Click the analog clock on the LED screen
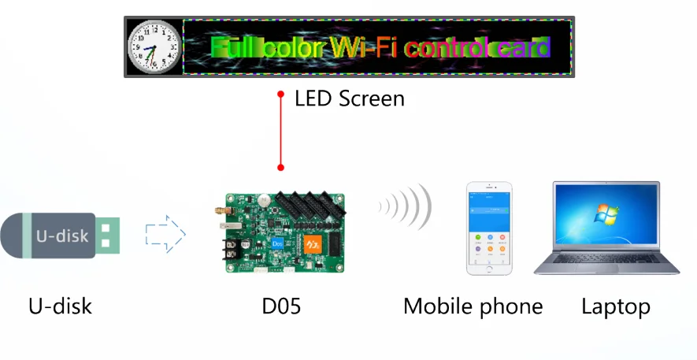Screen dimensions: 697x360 point(154,46)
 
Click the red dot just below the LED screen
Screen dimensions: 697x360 point(280,94)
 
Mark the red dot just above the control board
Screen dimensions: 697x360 point(280,167)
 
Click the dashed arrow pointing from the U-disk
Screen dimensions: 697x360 point(165,234)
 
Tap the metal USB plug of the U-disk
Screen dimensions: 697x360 point(108,235)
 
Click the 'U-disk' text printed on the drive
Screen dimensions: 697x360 point(63,235)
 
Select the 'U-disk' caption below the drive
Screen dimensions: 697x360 point(60,306)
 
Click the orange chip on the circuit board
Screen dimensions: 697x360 point(313,245)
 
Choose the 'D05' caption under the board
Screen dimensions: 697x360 point(281,306)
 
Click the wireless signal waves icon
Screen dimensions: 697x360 point(406,207)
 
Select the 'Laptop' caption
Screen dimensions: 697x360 point(616,306)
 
